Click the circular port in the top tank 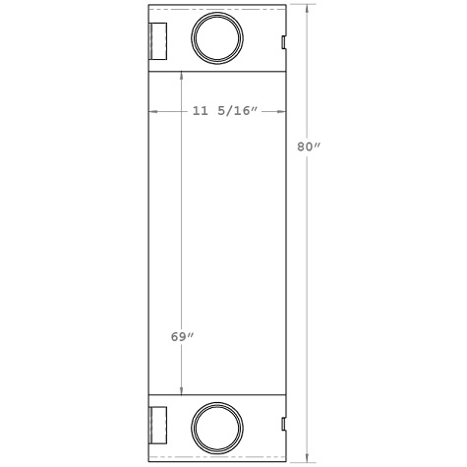click(216, 38)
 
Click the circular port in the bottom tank click(216, 429)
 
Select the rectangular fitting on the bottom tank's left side click(158, 427)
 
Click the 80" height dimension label click(310, 147)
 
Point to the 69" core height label click(182, 337)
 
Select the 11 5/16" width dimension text click(224, 113)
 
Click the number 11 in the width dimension click(200, 113)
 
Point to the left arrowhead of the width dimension click(152, 113)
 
